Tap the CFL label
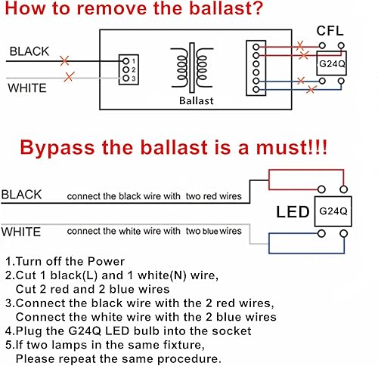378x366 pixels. click(330, 32)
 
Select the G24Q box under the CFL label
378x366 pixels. click(331, 66)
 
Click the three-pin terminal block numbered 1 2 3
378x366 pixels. click(126, 69)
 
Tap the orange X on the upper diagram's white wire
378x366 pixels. click(70, 76)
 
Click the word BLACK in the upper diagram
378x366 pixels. click(29, 51)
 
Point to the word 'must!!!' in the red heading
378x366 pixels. click(290, 146)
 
